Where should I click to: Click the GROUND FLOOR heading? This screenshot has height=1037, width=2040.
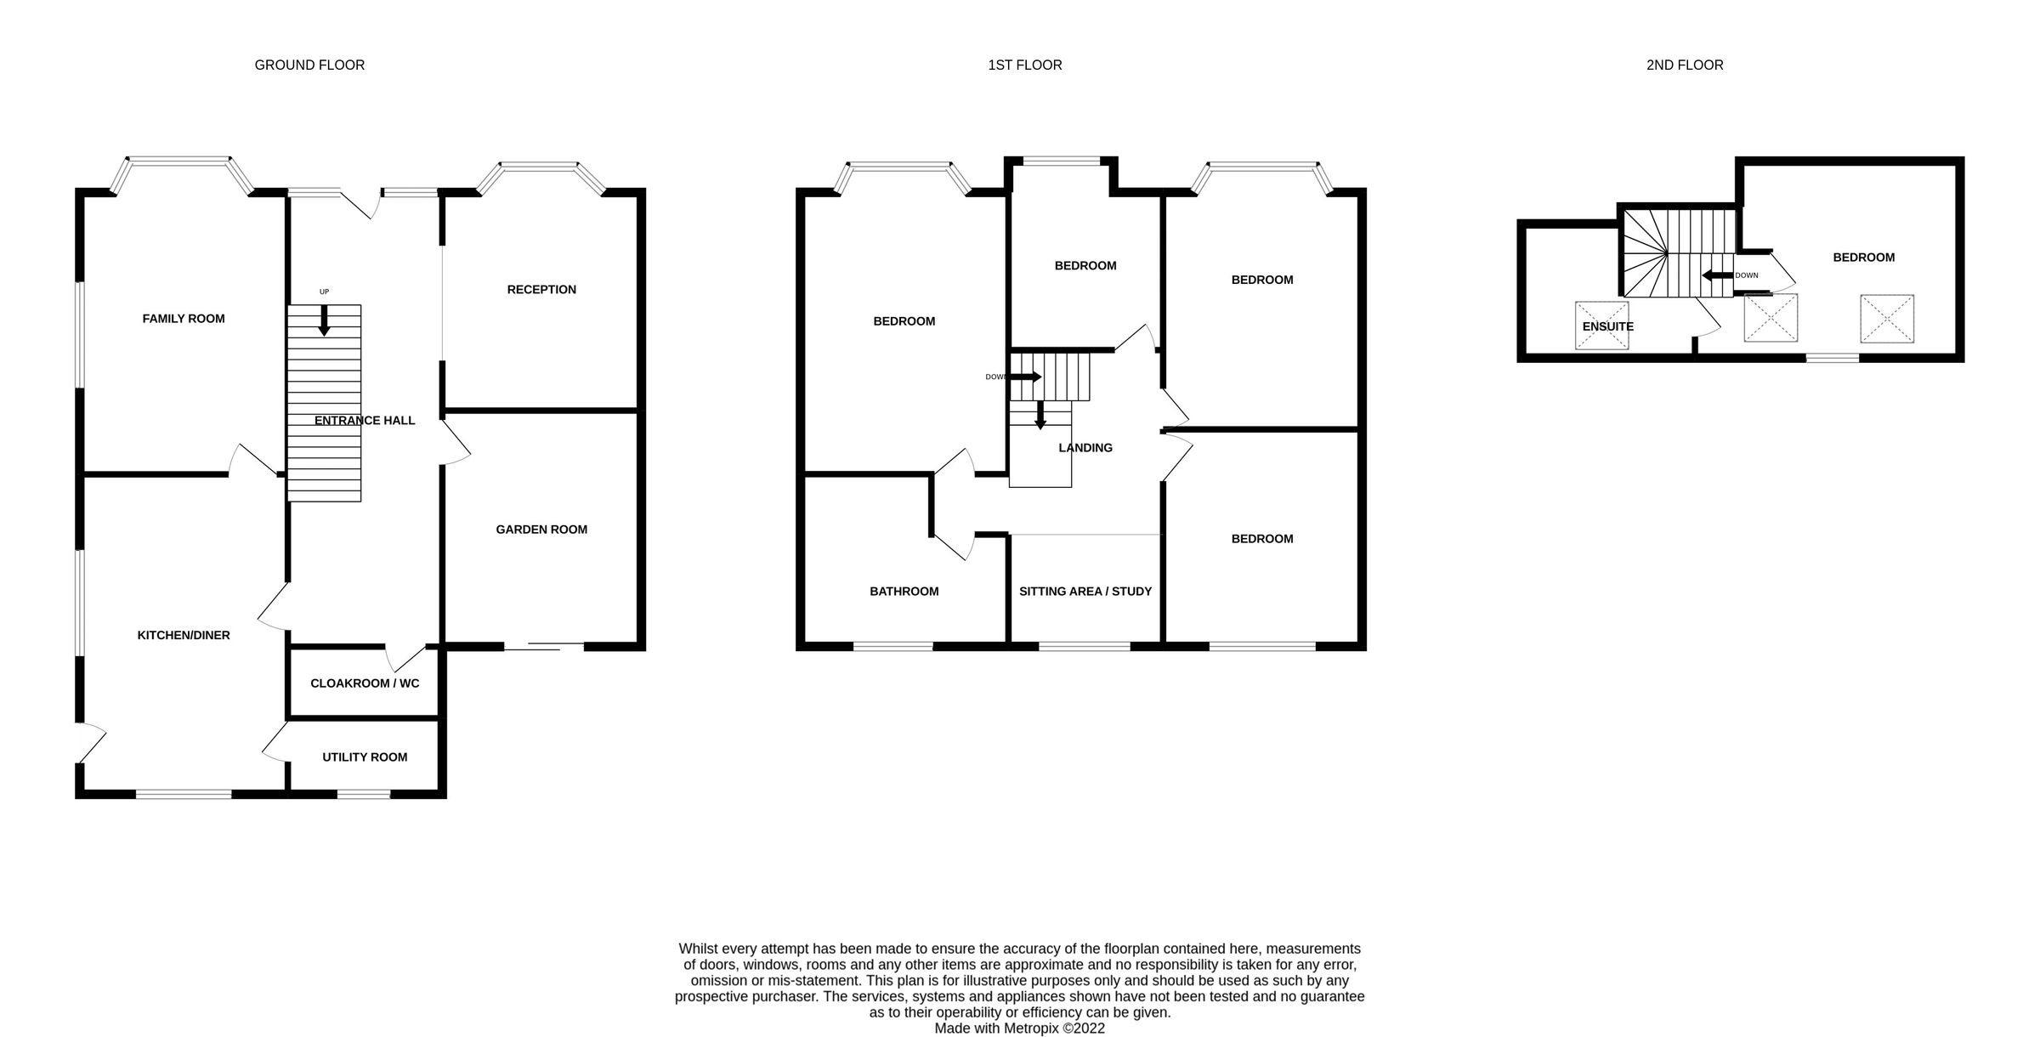pyautogui.click(x=309, y=65)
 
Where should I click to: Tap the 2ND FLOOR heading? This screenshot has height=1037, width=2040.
pyautogui.click(x=1684, y=65)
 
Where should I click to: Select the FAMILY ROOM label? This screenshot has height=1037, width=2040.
pyautogui.click(x=184, y=319)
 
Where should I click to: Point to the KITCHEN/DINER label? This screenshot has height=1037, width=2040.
pyautogui.click(x=184, y=635)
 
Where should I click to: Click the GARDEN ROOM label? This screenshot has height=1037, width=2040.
pyautogui.click(x=541, y=530)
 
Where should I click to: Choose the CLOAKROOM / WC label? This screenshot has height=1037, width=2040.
pyautogui.click(x=365, y=683)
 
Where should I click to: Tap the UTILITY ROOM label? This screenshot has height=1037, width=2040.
pyautogui.click(x=365, y=757)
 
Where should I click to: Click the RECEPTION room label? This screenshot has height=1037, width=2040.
pyautogui.click(x=541, y=290)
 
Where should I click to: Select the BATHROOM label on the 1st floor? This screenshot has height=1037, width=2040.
pyautogui.click(x=904, y=592)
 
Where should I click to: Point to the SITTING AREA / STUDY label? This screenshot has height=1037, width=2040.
pyautogui.click(x=1085, y=592)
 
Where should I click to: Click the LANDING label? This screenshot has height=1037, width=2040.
pyautogui.click(x=1085, y=448)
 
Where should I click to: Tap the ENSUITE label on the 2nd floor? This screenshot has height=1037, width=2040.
pyautogui.click(x=1607, y=326)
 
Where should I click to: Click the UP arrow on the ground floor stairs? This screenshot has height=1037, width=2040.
pyautogui.click(x=324, y=320)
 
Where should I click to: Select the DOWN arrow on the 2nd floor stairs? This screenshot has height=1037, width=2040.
pyautogui.click(x=1717, y=275)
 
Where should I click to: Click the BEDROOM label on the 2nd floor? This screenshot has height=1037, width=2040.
pyautogui.click(x=1863, y=258)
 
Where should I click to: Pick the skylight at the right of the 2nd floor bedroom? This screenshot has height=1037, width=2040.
pyautogui.click(x=1887, y=319)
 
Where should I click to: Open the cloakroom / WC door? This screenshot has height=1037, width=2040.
pyautogui.click(x=405, y=657)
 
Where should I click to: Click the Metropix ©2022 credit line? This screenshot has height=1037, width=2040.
pyautogui.click(x=1019, y=1028)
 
